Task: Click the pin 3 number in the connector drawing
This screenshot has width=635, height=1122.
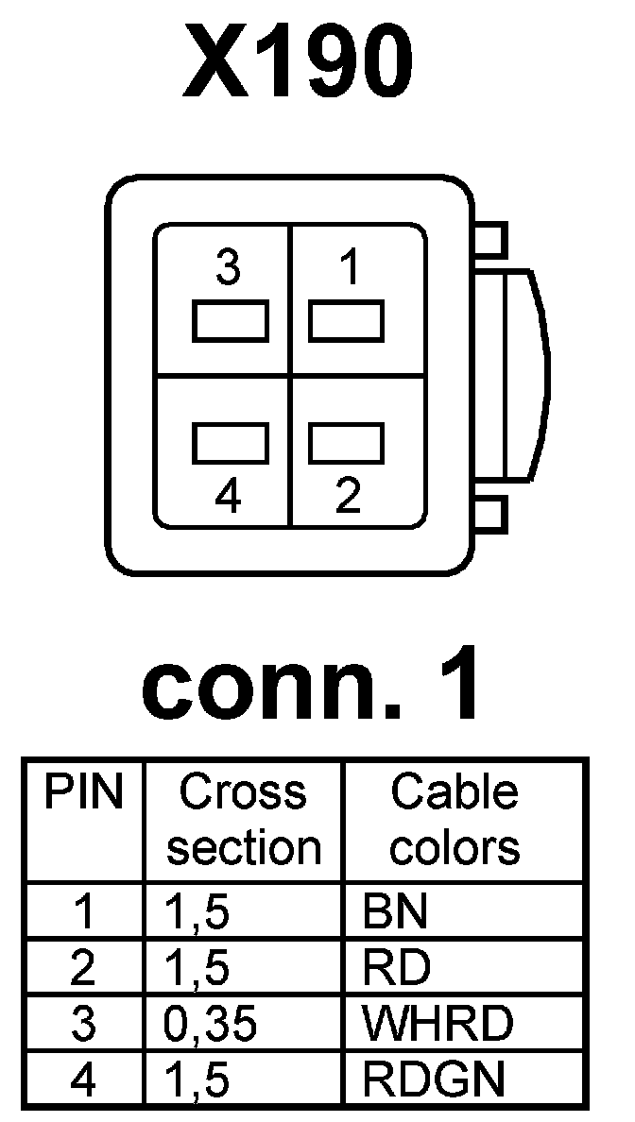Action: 228,270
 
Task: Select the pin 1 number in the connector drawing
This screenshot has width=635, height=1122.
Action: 349,270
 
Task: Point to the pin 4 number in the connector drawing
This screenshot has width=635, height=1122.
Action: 228,497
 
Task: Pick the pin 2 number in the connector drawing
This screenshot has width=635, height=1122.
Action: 349,497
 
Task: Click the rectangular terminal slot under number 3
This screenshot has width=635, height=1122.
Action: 232,322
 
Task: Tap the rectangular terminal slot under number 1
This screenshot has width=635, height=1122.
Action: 347,322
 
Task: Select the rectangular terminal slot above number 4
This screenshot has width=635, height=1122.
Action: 232,441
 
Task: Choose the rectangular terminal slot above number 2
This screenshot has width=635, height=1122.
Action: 347,441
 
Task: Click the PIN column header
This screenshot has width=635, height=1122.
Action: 84,794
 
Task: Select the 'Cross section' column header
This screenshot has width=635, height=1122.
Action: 244,820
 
